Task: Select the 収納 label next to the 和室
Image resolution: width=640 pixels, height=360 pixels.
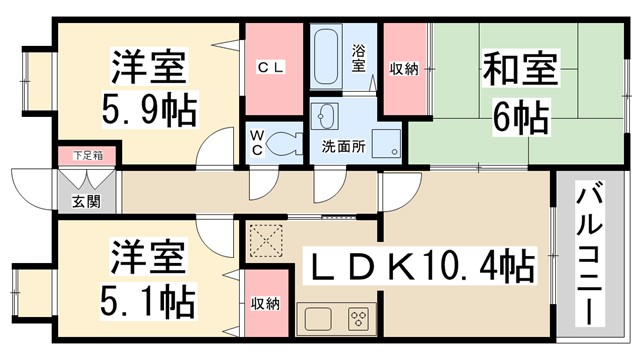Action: [x=404, y=67]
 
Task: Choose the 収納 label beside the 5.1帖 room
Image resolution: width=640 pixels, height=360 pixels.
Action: [x=264, y=303]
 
